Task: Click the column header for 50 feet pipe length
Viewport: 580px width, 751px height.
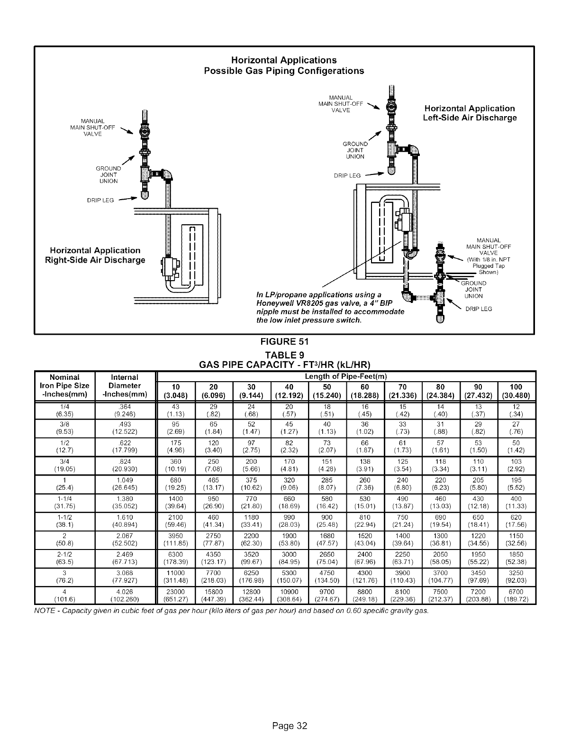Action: click(x=326, y=391)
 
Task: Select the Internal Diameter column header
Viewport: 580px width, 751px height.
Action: click(x=126, y=386)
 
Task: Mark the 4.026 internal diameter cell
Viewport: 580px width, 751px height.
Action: click(x=126, y=592)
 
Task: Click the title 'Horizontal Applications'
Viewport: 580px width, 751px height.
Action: click(x=283, y=60)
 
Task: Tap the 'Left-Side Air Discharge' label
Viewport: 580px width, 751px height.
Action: click(x=469, y=118)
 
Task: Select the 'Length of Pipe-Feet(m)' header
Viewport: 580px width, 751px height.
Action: click(x=346, y=376)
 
